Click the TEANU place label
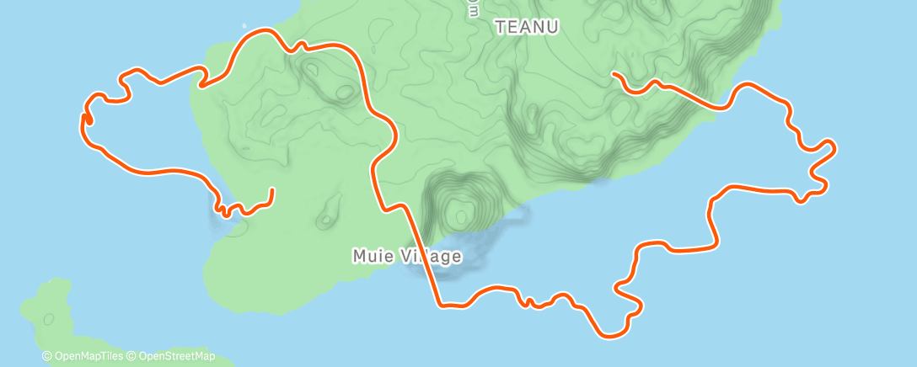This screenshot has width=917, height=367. click(527, 27)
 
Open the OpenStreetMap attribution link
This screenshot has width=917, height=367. click(175, 356)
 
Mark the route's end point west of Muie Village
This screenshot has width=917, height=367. click(271, 190)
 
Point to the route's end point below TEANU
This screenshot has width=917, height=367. click(615, 75)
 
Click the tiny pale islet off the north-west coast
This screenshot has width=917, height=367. click(244, 24)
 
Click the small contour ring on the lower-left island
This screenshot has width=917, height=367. click(49, 319)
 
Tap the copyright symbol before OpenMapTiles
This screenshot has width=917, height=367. click(47, 356)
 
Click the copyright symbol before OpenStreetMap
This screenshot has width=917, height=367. click(132, 356)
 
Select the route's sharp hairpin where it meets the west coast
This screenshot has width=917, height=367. click(201, 83)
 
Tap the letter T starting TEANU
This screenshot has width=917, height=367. click(500, 27)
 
